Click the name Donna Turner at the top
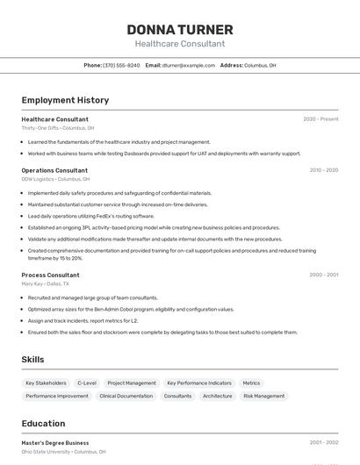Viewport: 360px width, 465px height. coord(180,30)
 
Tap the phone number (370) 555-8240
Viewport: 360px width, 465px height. coord(121,65)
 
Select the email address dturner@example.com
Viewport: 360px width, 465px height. coord(189,65)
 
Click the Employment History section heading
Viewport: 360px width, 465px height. coord(65,100)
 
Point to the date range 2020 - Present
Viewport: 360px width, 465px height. coord(320,119)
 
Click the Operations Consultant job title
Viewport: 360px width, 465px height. coord(54,170)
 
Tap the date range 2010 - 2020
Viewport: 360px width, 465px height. coord(323,170)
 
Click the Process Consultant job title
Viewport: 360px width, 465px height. coord(50,275)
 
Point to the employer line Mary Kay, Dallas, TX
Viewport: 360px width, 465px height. coord(45,283)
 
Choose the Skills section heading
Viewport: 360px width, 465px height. coord(32,359)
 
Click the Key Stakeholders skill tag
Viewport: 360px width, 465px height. coord(46,383)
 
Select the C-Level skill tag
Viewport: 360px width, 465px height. coord(87,383)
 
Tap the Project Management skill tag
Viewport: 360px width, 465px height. coord(132,383)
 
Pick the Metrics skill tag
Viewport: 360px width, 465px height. coord(251,383)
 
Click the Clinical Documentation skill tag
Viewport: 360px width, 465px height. coord(126,396)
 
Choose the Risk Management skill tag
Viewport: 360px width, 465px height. coord(263,396)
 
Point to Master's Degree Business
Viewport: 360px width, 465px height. coord(55,443)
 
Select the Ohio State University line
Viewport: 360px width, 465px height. coord(63,452)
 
